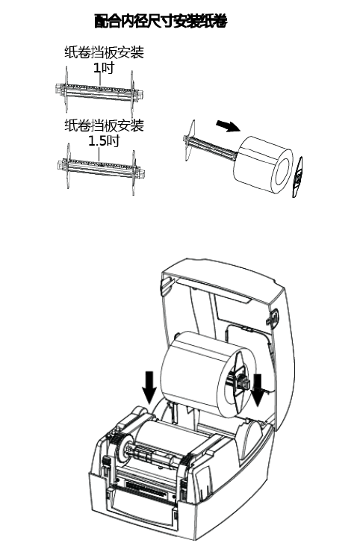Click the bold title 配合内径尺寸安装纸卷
coord(161,21)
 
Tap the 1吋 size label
coord(104,67)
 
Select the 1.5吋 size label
coord(104,140)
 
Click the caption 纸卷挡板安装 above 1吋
coord(104,52)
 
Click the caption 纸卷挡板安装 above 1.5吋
coord(104,125)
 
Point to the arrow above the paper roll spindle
coord(229,125)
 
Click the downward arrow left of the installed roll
coord(149,386)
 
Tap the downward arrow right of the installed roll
coord(258,390)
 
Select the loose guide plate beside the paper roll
coord(297,177)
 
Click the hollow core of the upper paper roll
coord(283,172)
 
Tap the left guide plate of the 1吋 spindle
coord(66,89)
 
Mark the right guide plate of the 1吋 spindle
coord(132,94)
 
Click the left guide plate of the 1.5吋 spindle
coord(68,166)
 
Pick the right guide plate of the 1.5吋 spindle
coord(134,173)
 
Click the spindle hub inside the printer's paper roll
coord(242,380)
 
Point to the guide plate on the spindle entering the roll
coord(190,140)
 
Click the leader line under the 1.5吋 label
coord(99,154)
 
